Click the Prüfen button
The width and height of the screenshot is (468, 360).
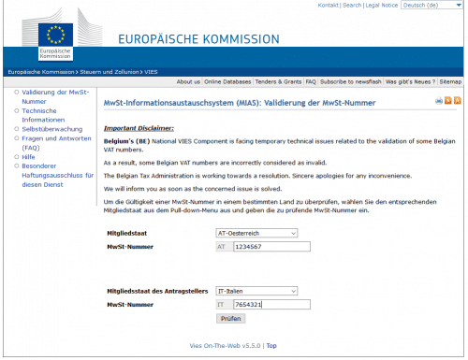click(231, 318)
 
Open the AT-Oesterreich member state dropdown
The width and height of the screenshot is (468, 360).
click(256, 233)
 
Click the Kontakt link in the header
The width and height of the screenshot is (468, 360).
click(329, 6)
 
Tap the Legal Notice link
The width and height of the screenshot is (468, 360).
click(382, 6)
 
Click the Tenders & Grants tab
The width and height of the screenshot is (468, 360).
click(279, 81)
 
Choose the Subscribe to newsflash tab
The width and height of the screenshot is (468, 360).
click(349, 81)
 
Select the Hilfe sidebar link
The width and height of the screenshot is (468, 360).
click(28, 158)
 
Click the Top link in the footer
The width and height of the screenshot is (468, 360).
click(271, 345)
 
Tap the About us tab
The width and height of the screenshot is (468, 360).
click(188, 81)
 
